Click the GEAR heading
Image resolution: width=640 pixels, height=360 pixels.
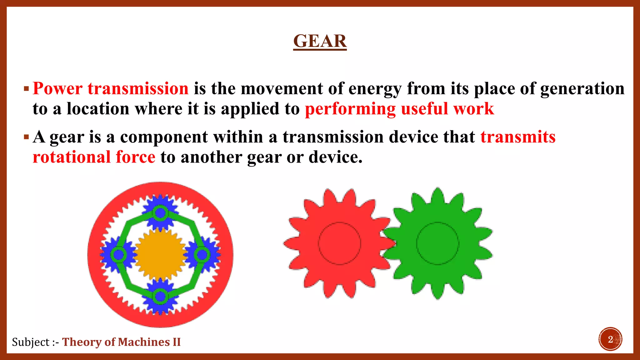(320, 41)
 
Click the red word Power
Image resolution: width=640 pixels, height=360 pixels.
(57, 88)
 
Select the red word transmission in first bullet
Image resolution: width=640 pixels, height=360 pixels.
(138, 88)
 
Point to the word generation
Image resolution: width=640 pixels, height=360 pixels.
(582, 89)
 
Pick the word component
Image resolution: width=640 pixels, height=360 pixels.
(164, 137)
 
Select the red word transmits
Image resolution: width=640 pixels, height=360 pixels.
(518, 137)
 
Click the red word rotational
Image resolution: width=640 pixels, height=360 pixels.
(72, 157)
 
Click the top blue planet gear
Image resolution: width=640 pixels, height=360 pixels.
(160, 213)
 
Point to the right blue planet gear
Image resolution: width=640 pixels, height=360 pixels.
(202, 255)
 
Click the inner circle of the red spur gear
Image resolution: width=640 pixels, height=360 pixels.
(339, 243)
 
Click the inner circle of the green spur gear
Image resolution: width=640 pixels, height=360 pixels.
(437, 243)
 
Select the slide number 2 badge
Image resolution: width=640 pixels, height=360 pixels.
(610, 339)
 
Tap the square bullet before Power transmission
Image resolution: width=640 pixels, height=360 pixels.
(26, 89)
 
